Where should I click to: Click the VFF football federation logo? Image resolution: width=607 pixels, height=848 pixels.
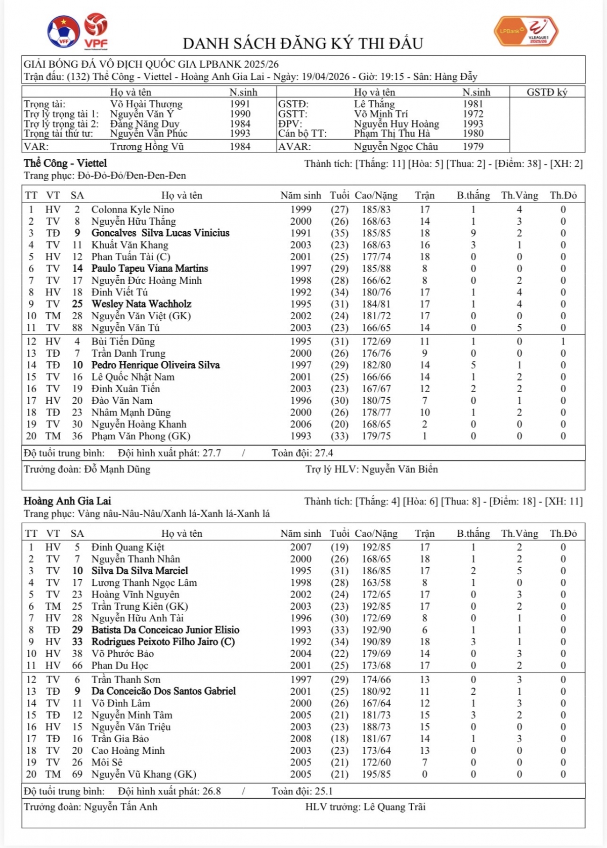point(63,32)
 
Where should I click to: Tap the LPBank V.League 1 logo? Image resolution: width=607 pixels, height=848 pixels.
point(526,31)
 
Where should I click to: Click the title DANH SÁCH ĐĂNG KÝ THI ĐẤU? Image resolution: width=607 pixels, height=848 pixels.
point(302,44)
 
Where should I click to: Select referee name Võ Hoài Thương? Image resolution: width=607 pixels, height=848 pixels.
point(146,104)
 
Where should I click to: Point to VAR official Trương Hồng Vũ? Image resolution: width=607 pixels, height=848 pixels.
point(147,147)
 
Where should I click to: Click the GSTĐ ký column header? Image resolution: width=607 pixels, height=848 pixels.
point(547,92)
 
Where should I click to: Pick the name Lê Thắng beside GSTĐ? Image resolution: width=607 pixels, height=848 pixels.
point(374,104)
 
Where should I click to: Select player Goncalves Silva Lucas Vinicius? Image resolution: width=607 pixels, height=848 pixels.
point(160,233)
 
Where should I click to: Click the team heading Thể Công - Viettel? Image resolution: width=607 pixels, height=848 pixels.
point(65,163)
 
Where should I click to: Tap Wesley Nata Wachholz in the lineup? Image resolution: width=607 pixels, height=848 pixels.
point(141,304)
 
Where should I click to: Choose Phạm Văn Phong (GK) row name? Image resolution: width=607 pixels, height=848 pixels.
point(141,436)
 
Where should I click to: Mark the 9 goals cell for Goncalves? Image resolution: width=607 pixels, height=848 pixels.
point(473,233)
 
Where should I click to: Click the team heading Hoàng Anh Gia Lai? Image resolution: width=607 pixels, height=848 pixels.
point(67,501)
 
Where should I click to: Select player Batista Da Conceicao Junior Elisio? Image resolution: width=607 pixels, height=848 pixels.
point(165,630)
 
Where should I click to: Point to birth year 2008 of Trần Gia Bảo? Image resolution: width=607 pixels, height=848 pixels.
point(300,739)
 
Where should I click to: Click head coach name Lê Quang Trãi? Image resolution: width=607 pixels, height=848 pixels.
point(395,807)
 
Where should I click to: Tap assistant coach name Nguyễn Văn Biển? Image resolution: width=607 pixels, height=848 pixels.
point(400,469)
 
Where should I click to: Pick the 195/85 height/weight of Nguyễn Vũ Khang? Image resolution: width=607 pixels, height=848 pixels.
point(376,774)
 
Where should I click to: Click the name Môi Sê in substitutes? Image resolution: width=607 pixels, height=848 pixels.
point(107,762)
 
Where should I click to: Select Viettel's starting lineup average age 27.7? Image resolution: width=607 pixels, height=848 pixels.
point(211,453)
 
